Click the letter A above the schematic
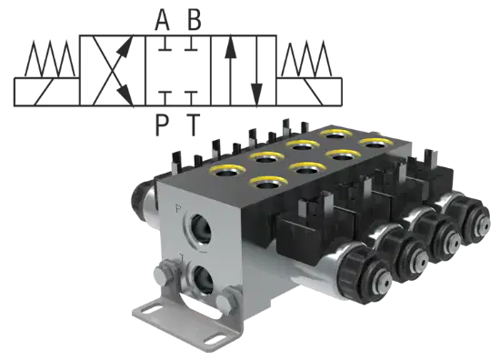point(162,19)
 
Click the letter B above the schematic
point(194,19)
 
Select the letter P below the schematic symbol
point(162,125)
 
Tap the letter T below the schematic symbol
point(193,125)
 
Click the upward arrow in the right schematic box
point(230,70)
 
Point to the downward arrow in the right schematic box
point(256,70)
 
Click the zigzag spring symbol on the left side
point(50,58)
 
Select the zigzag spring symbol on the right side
point(306,58)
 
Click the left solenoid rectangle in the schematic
point(46,91)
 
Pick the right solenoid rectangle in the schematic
point(309,91)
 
